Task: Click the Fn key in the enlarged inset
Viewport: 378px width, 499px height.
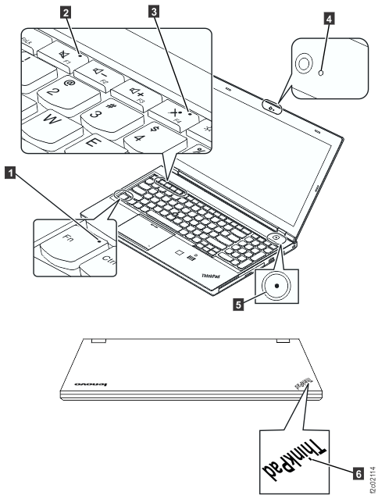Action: (68, 236)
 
